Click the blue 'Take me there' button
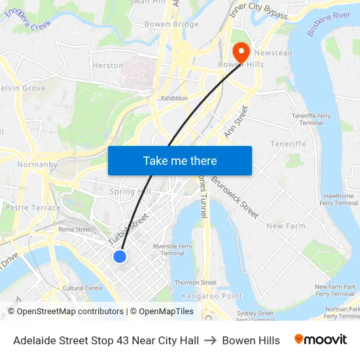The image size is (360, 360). [180, 160]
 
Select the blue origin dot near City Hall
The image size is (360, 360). [120, 256]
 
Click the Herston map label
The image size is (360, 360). [108, 65]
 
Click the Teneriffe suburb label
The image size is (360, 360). [288, 144]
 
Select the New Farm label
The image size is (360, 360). [286, 226]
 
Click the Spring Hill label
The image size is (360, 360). [130, 191]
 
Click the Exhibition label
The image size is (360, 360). [174, 98]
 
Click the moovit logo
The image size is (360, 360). [321, 340]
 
